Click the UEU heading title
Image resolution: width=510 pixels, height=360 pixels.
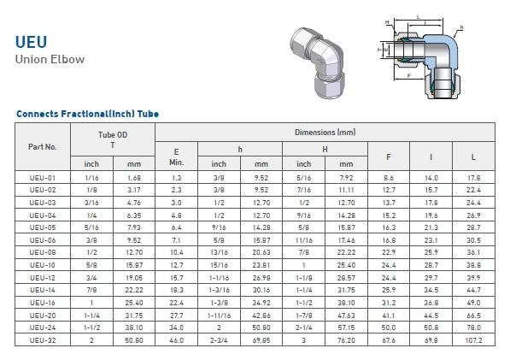click(x=32, y=42)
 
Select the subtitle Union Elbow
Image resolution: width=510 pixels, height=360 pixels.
click(x=50, y=59)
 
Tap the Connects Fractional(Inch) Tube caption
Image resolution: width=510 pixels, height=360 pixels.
click(x=87, y=114)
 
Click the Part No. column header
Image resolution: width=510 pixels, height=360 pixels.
click(x=42, y=147)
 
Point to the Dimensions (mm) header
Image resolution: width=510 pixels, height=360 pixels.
click(x=325, y=133)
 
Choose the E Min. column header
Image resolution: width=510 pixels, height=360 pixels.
click(x=176, y=156)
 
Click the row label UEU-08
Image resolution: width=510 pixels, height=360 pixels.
click(x=43, y=252)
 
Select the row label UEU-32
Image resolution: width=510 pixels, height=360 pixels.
click(x=43, y=340)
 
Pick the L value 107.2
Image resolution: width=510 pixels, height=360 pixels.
click(x=473, y=340)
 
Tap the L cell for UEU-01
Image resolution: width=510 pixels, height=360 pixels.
click(x=473, y=178)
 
